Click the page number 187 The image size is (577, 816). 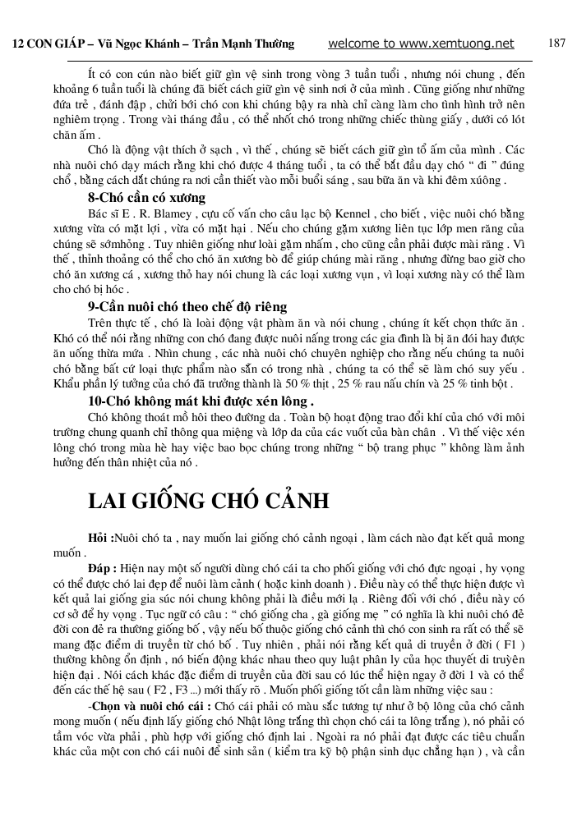[556, 44]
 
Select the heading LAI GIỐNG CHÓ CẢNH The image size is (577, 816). [209, 502]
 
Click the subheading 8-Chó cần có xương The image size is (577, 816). [146, 198]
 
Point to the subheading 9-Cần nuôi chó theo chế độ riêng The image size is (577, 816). [188, 306]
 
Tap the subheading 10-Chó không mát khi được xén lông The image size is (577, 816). [201, 401]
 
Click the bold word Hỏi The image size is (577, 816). [100, 538]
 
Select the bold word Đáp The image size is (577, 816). [102, 567]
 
